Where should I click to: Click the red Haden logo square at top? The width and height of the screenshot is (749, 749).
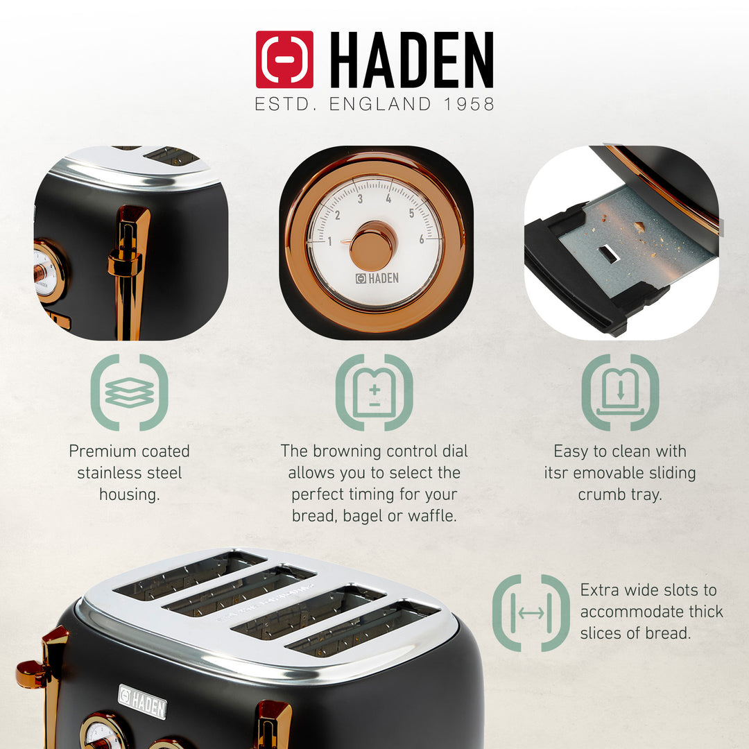click(284, 60)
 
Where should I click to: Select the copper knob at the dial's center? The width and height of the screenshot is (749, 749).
click(372, 246)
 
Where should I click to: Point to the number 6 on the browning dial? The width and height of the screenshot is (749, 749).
click(421, 239)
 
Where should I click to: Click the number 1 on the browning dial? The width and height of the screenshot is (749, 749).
click(329, 241)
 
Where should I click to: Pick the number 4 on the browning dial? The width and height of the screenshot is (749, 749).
click(388, 198)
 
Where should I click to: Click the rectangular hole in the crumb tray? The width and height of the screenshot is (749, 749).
click(608, 254)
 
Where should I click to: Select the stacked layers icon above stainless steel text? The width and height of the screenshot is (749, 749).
click(129, 393)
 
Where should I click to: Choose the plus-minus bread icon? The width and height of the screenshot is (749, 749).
click(374, 393)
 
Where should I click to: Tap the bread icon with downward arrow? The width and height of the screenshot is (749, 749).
click(620, 393)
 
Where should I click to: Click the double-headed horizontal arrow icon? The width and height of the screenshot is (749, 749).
click(531, 613)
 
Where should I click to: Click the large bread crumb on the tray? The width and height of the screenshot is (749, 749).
click(639, 226)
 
